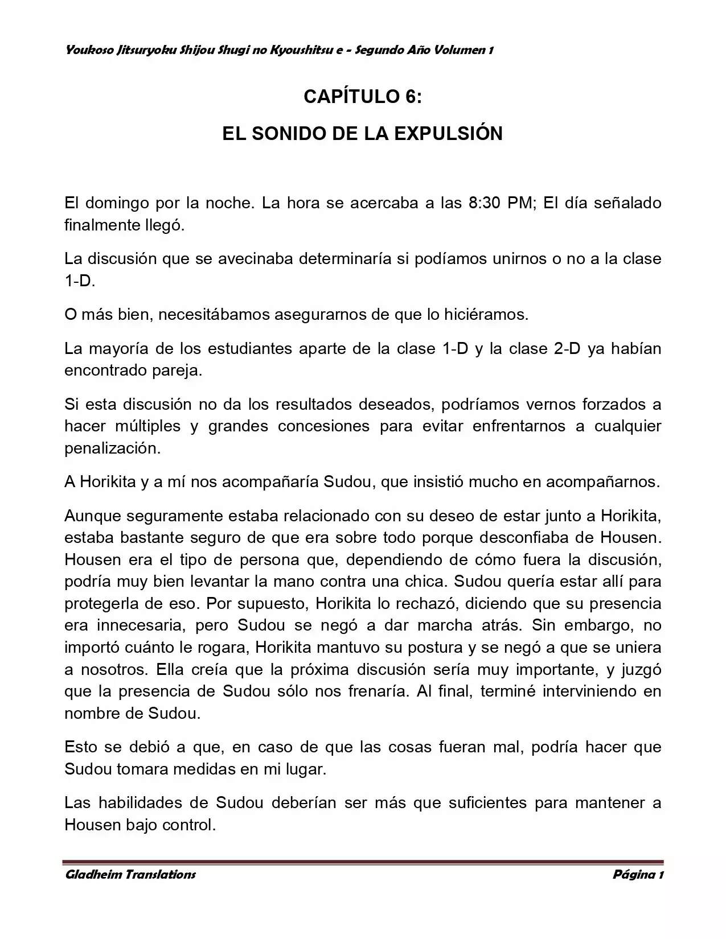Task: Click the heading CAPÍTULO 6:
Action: [363, 97]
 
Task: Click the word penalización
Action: [112, 448]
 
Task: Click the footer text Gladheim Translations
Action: [130, 875]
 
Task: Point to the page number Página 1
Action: [638, 875]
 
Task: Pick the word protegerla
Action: [105, 603]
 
